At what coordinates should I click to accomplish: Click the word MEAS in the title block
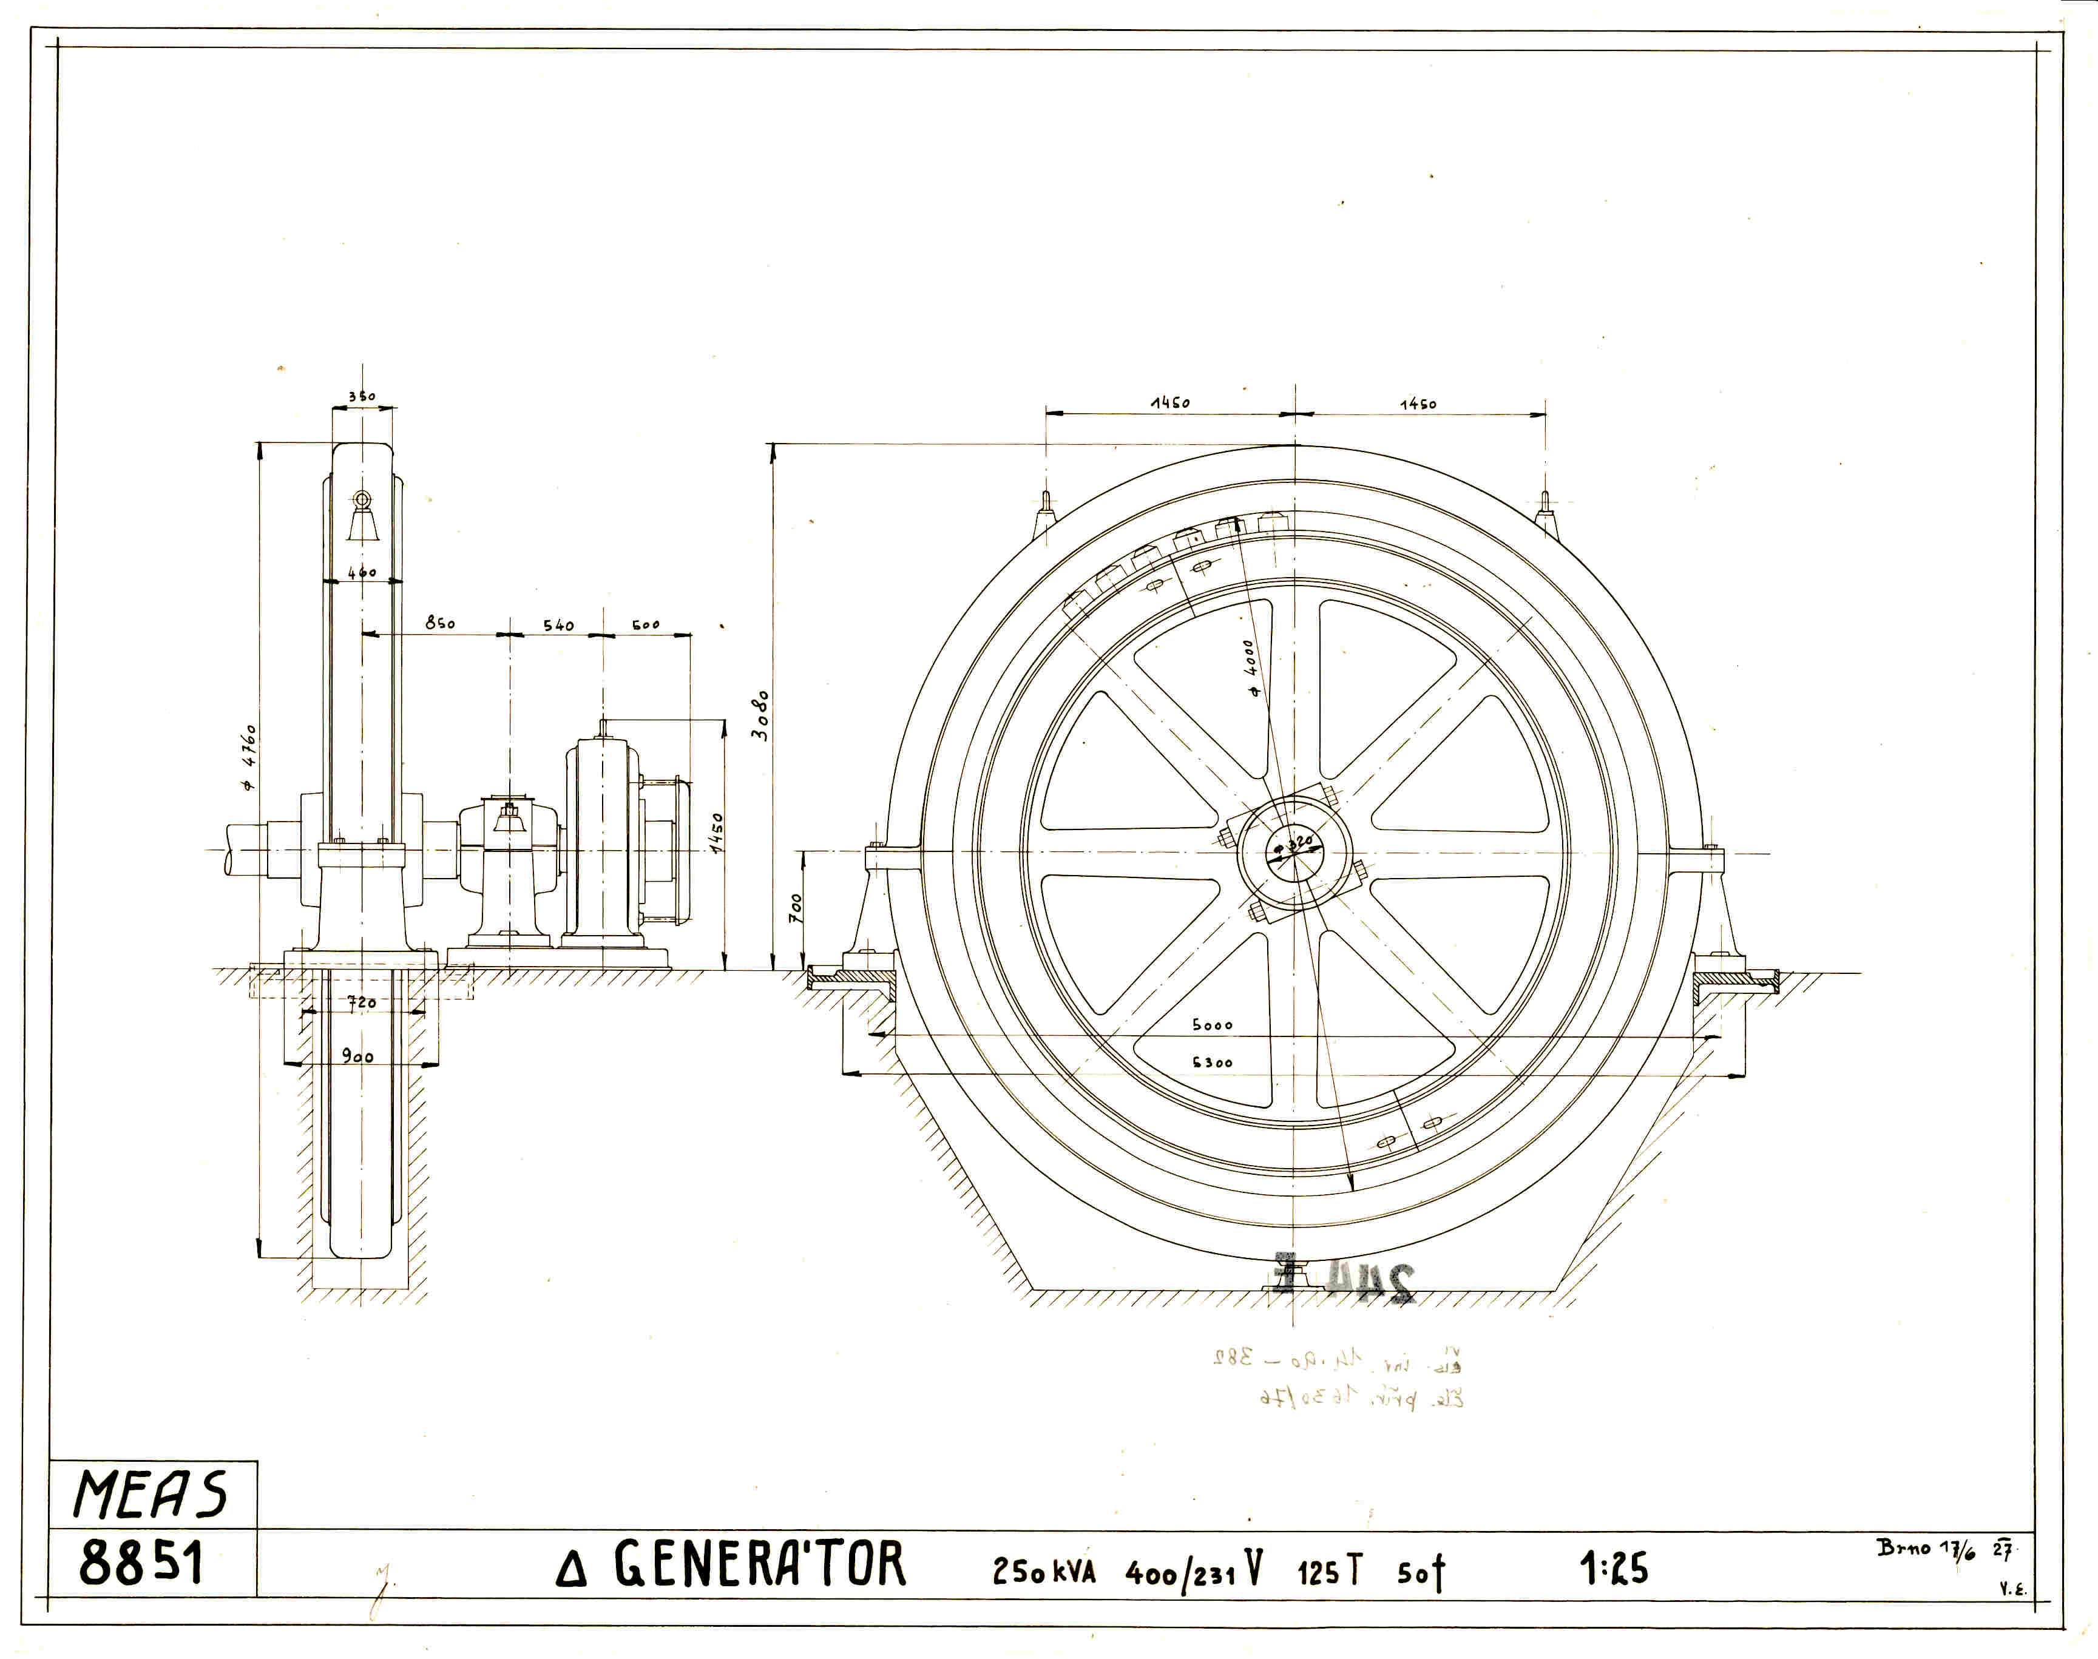pos(151,1494)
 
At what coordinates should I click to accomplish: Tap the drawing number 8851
pos(142,1564)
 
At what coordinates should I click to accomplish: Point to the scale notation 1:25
pos(1613,1569)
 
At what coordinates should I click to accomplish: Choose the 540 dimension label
pos(558,626)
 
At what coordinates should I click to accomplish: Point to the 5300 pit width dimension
pos(1212,1063)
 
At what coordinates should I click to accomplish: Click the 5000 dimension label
pos(1212,1025)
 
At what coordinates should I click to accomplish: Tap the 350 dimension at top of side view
pos(361,396)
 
